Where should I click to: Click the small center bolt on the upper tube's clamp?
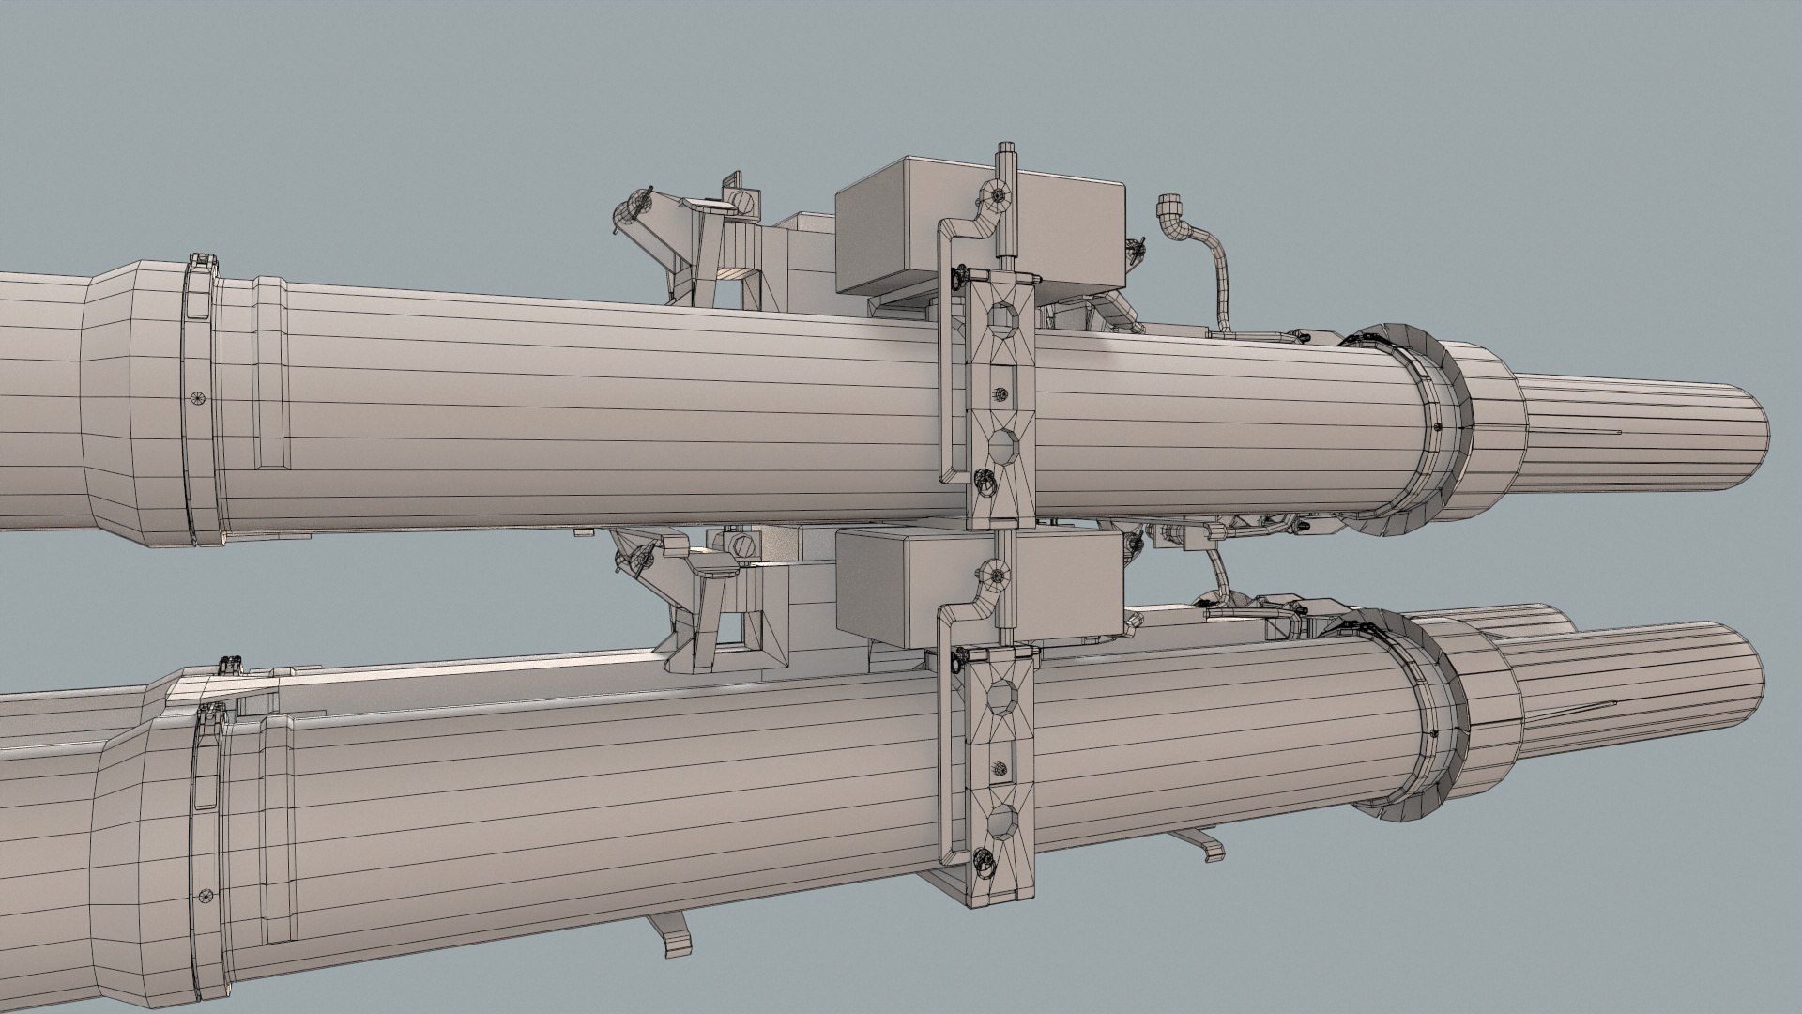(1000, 395)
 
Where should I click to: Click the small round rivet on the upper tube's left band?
(195, 398)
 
